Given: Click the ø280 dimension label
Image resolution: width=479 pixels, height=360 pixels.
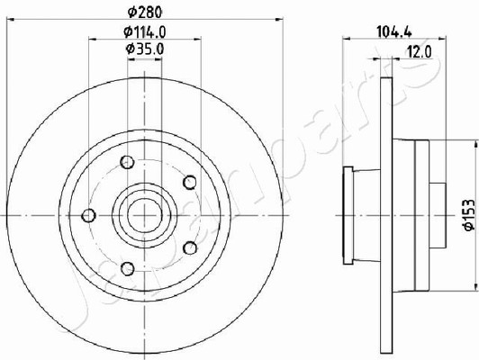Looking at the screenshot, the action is click(x=144, y=12).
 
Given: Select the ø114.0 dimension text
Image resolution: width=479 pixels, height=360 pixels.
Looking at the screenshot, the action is click(x=144, y=31).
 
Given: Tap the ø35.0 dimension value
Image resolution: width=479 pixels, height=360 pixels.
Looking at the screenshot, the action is click(x=145, y=49).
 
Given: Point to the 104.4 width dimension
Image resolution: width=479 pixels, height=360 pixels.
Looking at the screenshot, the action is click(x=394, y=31).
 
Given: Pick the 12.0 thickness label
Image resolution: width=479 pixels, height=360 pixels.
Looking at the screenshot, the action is click(x=420, y=52).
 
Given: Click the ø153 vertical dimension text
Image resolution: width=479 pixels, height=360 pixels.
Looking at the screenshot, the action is click(x=468, y=214).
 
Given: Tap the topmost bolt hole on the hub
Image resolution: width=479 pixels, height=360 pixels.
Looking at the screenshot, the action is click(x=127, y=162).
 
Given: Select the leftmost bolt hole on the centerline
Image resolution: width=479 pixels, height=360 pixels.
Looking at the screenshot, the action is click(x=88, y=216).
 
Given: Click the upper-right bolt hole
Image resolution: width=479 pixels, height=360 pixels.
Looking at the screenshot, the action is click(x=190, y=183).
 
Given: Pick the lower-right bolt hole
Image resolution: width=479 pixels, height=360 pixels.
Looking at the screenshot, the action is click(x=190, y=247).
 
